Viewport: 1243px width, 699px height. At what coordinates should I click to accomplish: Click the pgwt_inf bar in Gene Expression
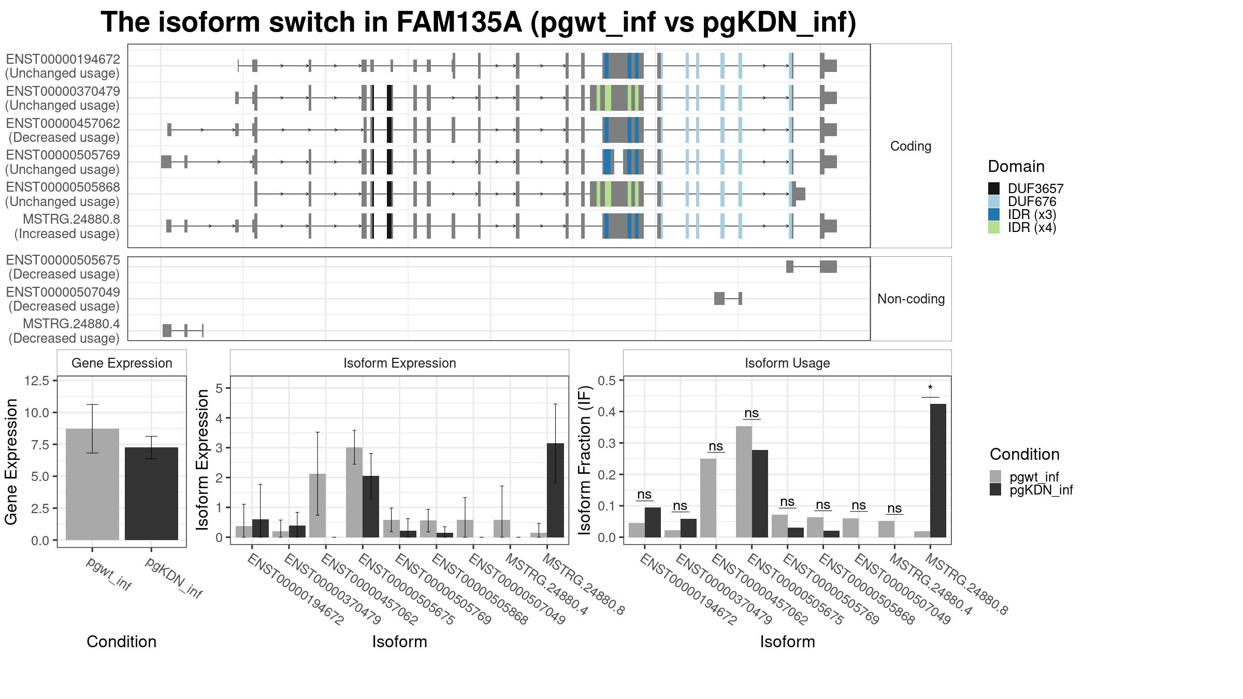click(x=92, y=484)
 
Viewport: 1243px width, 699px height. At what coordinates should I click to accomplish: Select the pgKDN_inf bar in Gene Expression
click(x=151, y=493)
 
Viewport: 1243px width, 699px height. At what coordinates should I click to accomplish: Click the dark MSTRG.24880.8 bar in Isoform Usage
click(x=938, y=471)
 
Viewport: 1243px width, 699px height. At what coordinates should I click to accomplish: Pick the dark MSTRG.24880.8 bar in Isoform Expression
click(x=555, y=490)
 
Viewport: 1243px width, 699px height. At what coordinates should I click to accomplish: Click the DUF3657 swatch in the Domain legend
click(x=994, y=188)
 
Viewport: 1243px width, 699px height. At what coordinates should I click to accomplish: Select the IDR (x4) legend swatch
click(x=994, y=227)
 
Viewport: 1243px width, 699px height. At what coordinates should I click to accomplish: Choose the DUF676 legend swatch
click(x=994, y=201)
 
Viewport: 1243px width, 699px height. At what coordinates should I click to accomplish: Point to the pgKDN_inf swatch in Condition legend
click(x=995, y=490)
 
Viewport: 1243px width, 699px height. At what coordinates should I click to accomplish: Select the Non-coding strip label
click(x=911, y=299)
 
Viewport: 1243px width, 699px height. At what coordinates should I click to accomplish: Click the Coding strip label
click(x=911, y=146)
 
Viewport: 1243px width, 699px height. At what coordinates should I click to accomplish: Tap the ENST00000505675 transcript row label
click(x=63, y=267)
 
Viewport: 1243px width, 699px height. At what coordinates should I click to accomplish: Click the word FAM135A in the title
click(x=459, y=22)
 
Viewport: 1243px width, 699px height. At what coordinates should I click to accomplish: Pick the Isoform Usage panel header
click(x=787, y=363)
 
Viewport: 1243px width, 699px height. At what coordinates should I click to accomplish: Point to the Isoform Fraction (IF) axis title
click(x=585, y=460)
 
